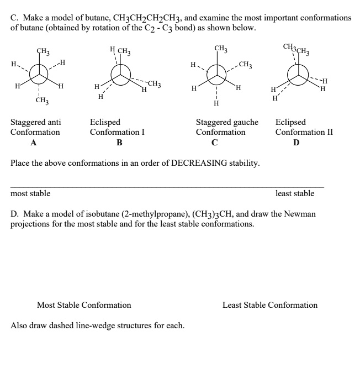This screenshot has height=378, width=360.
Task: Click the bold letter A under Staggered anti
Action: (x=34, y=143)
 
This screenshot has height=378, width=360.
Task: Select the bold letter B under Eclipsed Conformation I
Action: (x=119, y=143)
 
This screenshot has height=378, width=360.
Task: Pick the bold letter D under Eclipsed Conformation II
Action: (x=297, y=143)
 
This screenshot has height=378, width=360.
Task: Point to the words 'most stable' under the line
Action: (x=31, y=193)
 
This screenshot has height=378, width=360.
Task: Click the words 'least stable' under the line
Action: (x=295, y=193)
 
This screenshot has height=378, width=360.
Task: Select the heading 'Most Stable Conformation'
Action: (x=84, y=305)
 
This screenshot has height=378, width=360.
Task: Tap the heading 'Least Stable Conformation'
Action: (x=270, y=305)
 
